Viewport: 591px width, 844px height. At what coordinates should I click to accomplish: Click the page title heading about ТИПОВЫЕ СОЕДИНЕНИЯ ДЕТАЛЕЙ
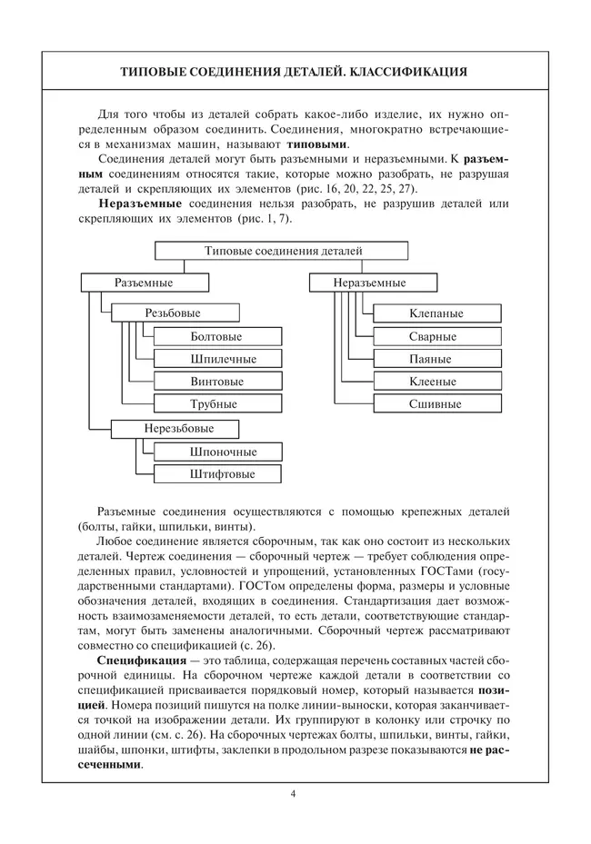click(295, 72)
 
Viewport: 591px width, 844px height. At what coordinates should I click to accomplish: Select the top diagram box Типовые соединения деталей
click(283, 250)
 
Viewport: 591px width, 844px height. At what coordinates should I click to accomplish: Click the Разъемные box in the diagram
click(144, 283)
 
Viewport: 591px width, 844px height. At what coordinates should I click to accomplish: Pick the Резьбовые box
click(173, 313)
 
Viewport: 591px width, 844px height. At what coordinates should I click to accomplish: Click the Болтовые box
click(216, 336)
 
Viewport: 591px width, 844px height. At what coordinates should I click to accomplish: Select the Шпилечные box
click(216, 359)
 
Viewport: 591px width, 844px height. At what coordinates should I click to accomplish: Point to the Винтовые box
click(216, 382)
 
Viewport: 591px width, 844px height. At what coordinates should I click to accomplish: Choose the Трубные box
click(216, 404)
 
